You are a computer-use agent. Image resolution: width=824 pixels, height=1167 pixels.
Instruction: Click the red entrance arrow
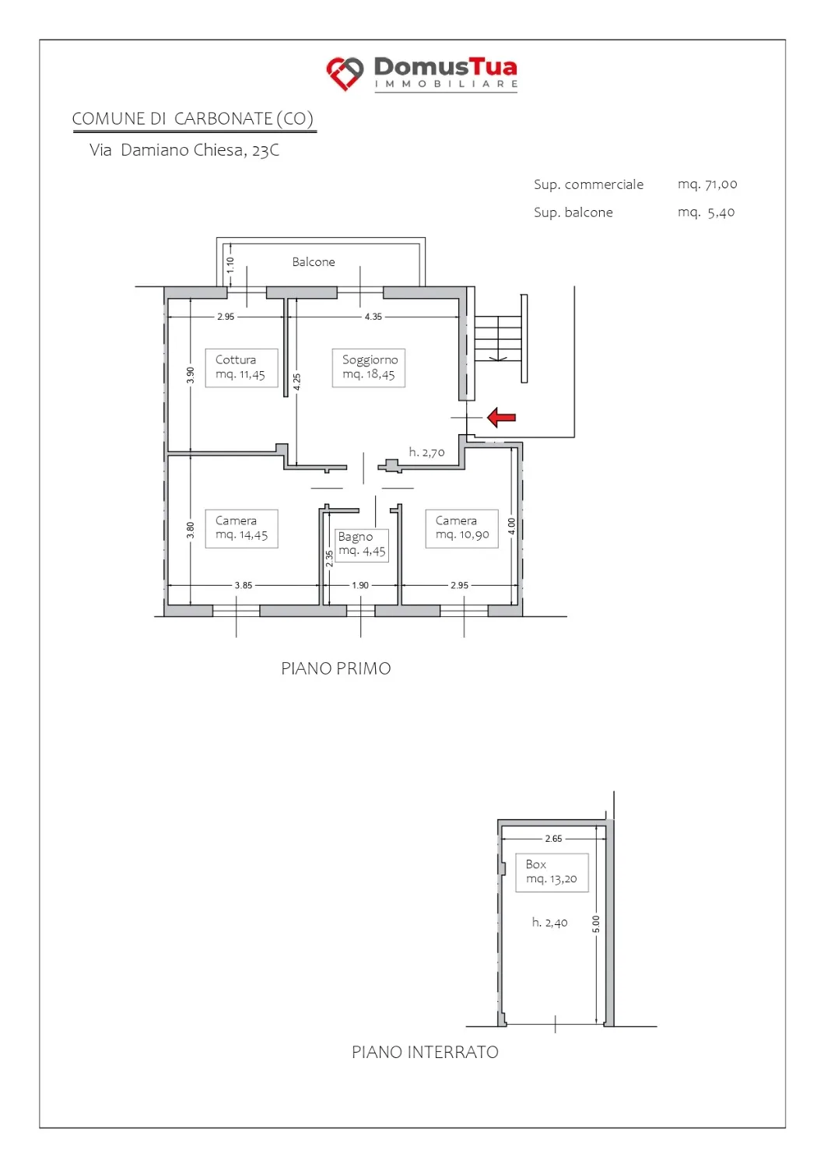pyautogui.click(x=501, y=417)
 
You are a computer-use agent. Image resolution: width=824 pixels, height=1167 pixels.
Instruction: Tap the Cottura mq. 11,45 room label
pyautogui.click(x=241, y=367)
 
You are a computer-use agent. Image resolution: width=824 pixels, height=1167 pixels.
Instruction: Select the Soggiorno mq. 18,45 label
pyautogui.click(x=369, y=367)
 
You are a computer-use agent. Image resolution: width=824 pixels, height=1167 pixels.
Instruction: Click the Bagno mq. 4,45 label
pyautogui.click(x=362, y=544)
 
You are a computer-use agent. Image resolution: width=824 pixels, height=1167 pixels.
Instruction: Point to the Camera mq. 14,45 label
pyautogui.click(x=241, y=528)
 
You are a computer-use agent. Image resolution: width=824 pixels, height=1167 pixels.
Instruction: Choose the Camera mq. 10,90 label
pyautogui.click(x=461, y=528)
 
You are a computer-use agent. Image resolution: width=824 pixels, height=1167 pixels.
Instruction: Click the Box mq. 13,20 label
pyautogui.click(x=552, y=872)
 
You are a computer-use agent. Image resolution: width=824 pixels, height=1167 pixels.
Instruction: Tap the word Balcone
pyautogui.click(x=314, y=261)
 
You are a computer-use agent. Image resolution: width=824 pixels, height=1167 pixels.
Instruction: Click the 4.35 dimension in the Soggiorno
pyautogui.click(x=373, y=316)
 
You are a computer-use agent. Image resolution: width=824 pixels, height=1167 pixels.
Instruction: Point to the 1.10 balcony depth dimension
pyautogui.click(x=230, y=265)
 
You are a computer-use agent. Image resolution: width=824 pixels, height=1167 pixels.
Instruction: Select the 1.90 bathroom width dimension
pyautogui.click(x=360, y=585)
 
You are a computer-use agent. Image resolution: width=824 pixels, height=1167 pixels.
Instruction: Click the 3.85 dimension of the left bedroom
pyautogui.click(x=244, y=585)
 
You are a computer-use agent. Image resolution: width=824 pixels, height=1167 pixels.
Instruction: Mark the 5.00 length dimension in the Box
pyautogui.click(x=596, y=923)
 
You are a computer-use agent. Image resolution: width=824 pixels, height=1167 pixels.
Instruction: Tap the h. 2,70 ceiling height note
pyautogui.click(x=427, y=452)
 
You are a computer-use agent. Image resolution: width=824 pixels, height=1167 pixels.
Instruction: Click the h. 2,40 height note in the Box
pyautogui.click(x=550, y=922)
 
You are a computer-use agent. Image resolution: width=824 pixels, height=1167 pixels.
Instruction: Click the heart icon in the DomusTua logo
pyautogui.click(x=345, y=73)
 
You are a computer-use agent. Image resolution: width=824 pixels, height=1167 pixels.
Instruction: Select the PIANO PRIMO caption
pyautogui.click(x=336, y=668)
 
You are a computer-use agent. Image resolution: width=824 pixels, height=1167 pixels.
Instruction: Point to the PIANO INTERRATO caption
pyautogui.click(x=426, y=1052)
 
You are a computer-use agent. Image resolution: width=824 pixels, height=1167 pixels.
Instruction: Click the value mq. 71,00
pyautogui.click(x=707, y=184)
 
